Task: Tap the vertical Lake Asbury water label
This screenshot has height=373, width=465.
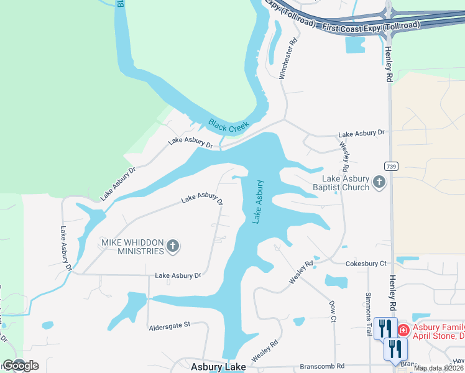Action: coord(258,201)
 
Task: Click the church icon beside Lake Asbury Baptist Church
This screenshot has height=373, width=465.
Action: coord(380,183)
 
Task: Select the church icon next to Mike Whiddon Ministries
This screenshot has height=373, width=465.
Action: coord(173,247)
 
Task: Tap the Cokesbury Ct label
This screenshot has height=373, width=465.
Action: coord(366,264)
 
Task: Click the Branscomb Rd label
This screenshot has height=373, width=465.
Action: coord(322,366)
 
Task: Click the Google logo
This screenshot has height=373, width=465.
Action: coord(21,366)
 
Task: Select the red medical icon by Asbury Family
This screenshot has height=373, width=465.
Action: coord(403,329)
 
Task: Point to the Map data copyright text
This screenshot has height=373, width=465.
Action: coord(439,368)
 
